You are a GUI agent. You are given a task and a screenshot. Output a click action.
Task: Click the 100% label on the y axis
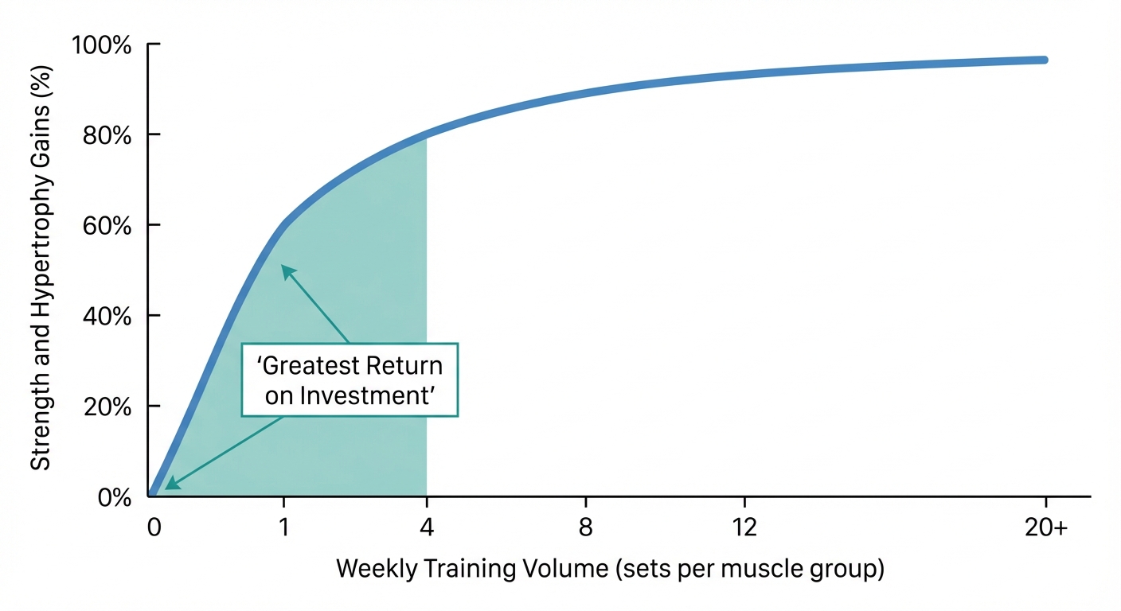pos(103,45)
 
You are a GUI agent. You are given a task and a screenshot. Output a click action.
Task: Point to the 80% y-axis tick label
pos(106,135)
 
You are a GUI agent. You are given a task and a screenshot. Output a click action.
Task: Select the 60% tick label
pos(106,226)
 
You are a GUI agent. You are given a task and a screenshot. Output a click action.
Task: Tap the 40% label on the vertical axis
pos(106,317)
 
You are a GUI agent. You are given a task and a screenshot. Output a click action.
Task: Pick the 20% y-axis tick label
pos(106,407)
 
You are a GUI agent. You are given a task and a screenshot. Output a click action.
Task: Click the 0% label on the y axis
pos(113,498)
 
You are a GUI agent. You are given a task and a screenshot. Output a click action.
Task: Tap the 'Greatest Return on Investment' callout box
pos(350,379)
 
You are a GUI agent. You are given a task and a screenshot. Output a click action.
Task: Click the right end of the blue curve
pos(1044,60)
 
